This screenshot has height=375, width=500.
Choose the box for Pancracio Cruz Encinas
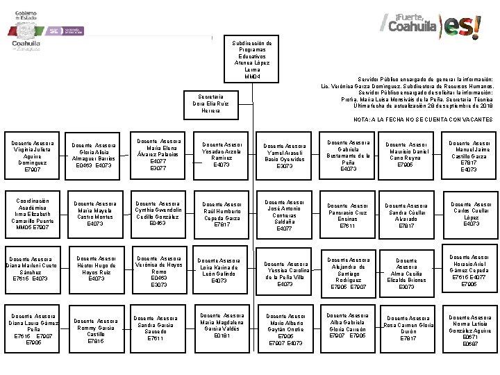(347, 215)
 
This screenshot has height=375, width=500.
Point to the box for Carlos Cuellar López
(471, 213)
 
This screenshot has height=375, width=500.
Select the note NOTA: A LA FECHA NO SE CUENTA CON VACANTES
(422, 119)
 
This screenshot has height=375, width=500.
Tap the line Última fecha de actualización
(423, 106)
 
